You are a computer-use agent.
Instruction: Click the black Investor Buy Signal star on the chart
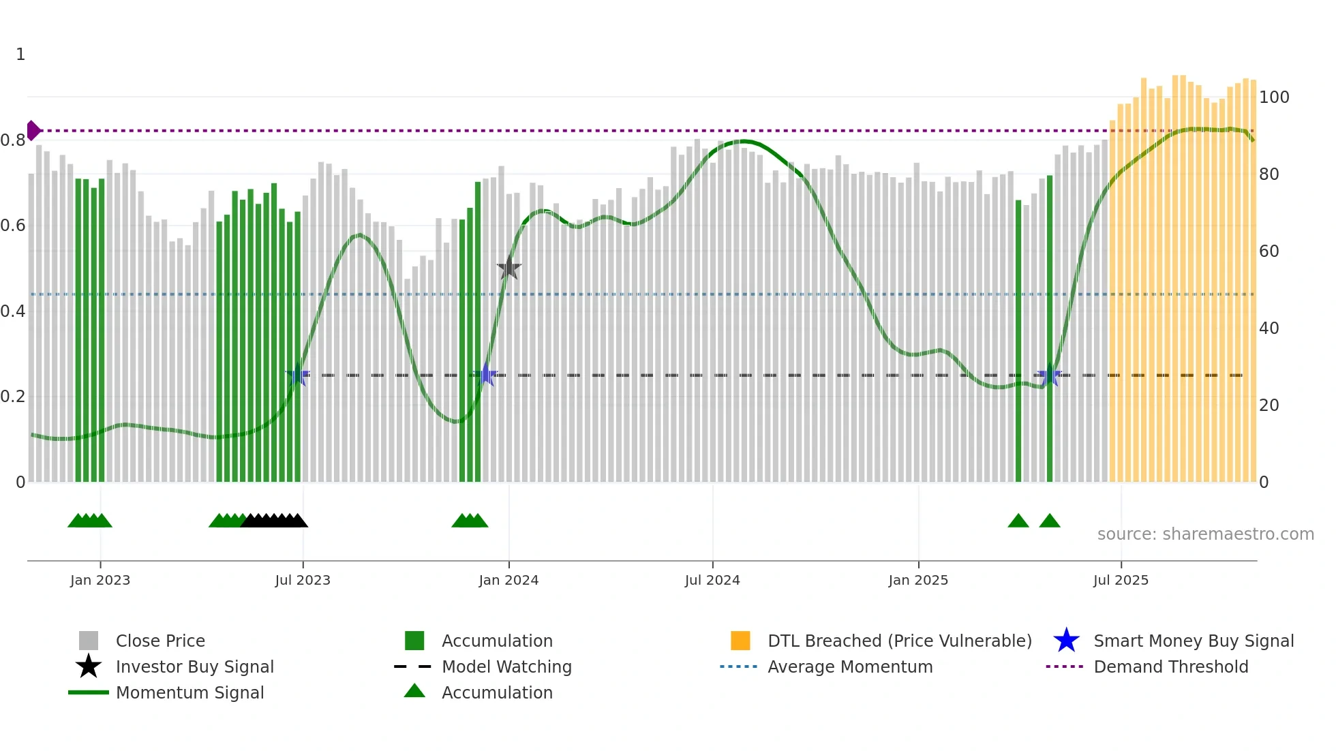(508, 269)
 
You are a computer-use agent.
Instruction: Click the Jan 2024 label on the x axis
(508, 580)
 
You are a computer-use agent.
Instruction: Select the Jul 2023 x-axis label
(303, 580)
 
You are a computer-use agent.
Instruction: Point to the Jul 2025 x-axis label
(1121, 580)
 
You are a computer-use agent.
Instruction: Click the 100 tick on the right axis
(1273, 97)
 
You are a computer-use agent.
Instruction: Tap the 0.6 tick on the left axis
(13, 226)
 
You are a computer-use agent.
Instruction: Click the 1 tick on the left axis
(20, 55)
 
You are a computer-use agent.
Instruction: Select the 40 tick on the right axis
(1269, 328)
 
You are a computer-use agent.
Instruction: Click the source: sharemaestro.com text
(1205, 534)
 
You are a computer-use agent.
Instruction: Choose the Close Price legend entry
(160, 641)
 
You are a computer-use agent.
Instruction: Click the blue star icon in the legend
(1066, 641)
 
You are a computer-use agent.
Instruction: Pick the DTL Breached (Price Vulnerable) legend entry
(899, 641)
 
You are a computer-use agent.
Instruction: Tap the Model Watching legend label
(506, 666)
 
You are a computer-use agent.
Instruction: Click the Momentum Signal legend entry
(189, 692)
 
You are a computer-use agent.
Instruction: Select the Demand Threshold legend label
(1170, 666)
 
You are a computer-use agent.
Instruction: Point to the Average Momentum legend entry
(850, 666)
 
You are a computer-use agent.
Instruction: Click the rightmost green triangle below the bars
(1050, 521)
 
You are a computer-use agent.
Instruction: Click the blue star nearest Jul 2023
(298, 375)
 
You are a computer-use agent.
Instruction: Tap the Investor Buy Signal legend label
(194, 666)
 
